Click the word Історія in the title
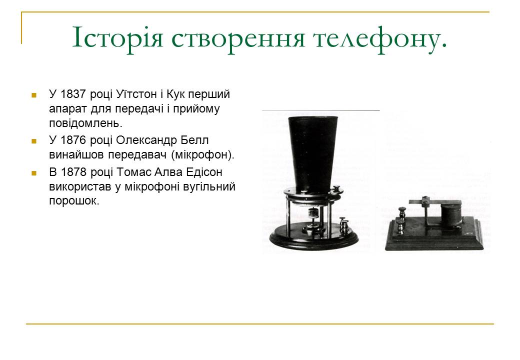pos(118,38)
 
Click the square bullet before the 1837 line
pos(34,94)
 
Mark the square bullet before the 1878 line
pos(34,173)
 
